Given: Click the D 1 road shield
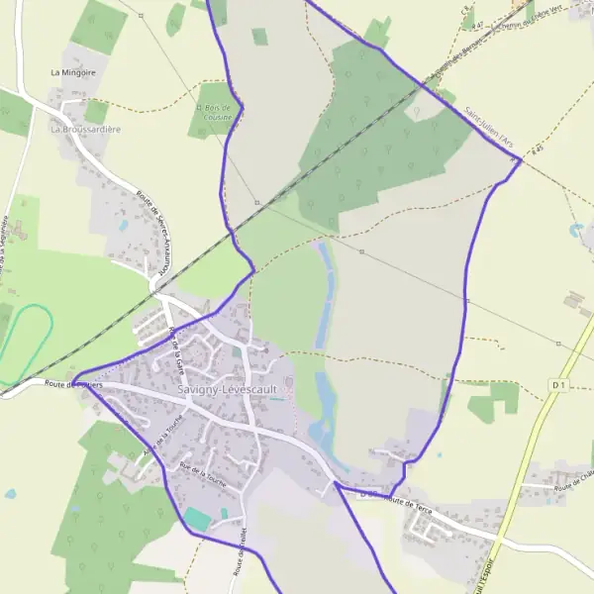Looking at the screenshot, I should pyautogui.click(x=560, y=384).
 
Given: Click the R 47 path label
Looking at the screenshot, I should pyautogui.click(x=477, y=25).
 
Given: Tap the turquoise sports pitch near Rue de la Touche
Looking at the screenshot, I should pyautogui.click(x=197, y=519).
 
